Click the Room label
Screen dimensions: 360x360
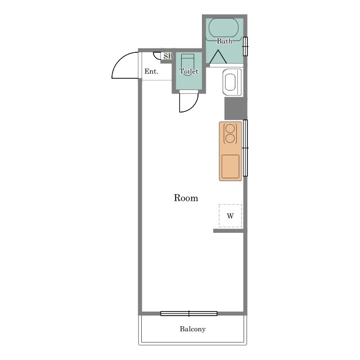point(186,198)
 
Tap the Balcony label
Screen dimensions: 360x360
point(192,329)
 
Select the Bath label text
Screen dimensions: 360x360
point(224,41)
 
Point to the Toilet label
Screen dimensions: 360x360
point(189,71)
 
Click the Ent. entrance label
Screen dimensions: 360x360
point(151,71)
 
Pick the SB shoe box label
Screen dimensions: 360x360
point(168,56)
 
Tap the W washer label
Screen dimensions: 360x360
point(230,216)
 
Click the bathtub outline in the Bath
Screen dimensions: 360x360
point(224,28)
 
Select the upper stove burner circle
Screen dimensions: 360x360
point(230,129)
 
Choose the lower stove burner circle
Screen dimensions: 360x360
point(230,138)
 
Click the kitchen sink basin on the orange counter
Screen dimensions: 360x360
point(230,166)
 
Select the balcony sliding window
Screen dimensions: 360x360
point(189,313)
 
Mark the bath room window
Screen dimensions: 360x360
point(245,46)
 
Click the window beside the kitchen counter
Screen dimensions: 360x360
point(245,148)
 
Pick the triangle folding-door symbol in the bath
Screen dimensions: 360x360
point(218,57)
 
